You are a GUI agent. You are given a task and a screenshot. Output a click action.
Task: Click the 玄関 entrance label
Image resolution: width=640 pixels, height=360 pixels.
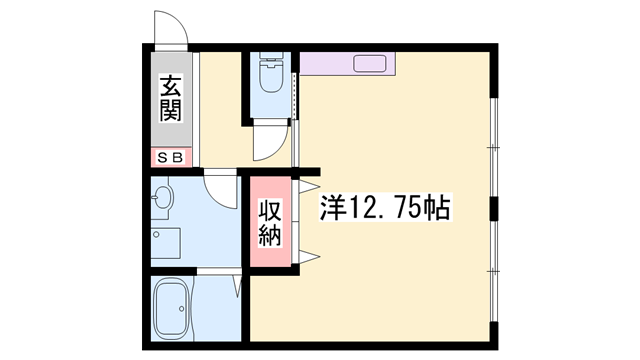(169, 99)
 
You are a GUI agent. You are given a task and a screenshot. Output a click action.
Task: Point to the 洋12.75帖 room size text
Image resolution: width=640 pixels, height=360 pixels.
(385, 208)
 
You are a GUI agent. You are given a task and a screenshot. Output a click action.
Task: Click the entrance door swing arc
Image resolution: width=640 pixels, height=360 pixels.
(172, 30)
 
